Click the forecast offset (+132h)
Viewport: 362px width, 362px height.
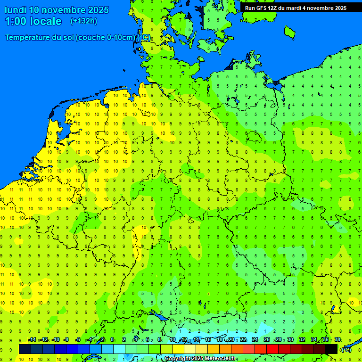(84, 21)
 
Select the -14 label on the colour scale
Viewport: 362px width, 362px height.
(32, 340)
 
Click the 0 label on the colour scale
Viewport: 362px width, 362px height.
(112, 340)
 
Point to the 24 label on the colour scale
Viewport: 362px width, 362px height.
(255, 340)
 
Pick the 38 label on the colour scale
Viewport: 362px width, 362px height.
(337, 340)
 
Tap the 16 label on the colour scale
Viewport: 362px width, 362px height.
(208, 340)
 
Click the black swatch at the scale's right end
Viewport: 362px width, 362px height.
(331, 349)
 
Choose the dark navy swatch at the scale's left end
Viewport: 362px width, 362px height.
(25, 349)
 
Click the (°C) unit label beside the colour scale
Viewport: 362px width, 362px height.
(346, 349)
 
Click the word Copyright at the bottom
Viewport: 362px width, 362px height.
(178, 359)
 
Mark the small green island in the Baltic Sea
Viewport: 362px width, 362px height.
(289, 32)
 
